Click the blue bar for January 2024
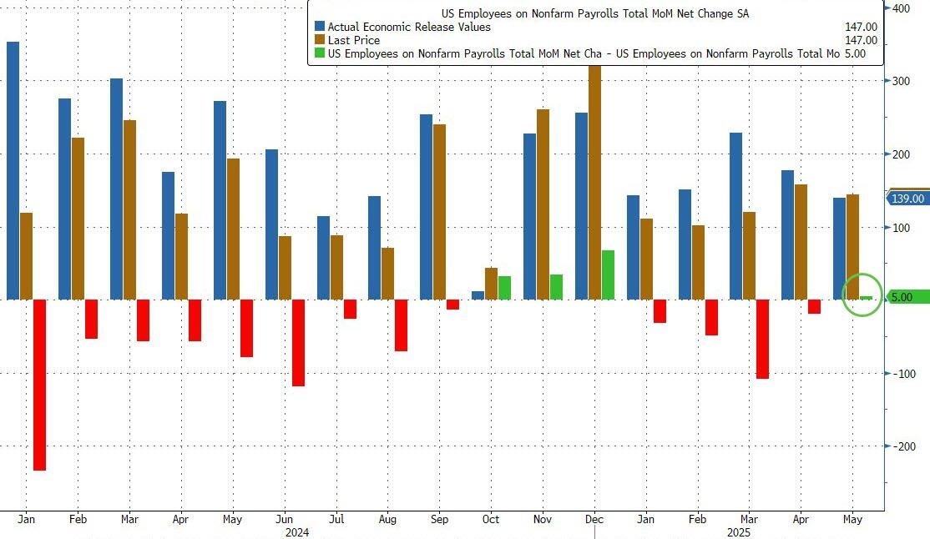click(x=13, y=170)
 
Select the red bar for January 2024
click(x=38, y=385)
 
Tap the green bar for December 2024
click(x=608, y=275)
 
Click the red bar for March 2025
click(x=762, y=339)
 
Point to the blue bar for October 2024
click(x=478, y=295)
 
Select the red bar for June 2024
click(x=298, y=343)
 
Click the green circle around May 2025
click(x=862, y=295)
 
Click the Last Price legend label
click(x=354, y=40)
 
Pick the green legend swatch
click(x=320, y=53)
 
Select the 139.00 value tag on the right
click(x=907, y=199)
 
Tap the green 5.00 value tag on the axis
click(x=906, y=297)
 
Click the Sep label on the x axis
click(x=439, y=519)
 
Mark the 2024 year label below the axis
click(x=298, y=531)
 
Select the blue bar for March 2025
click(x=735, y=216)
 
